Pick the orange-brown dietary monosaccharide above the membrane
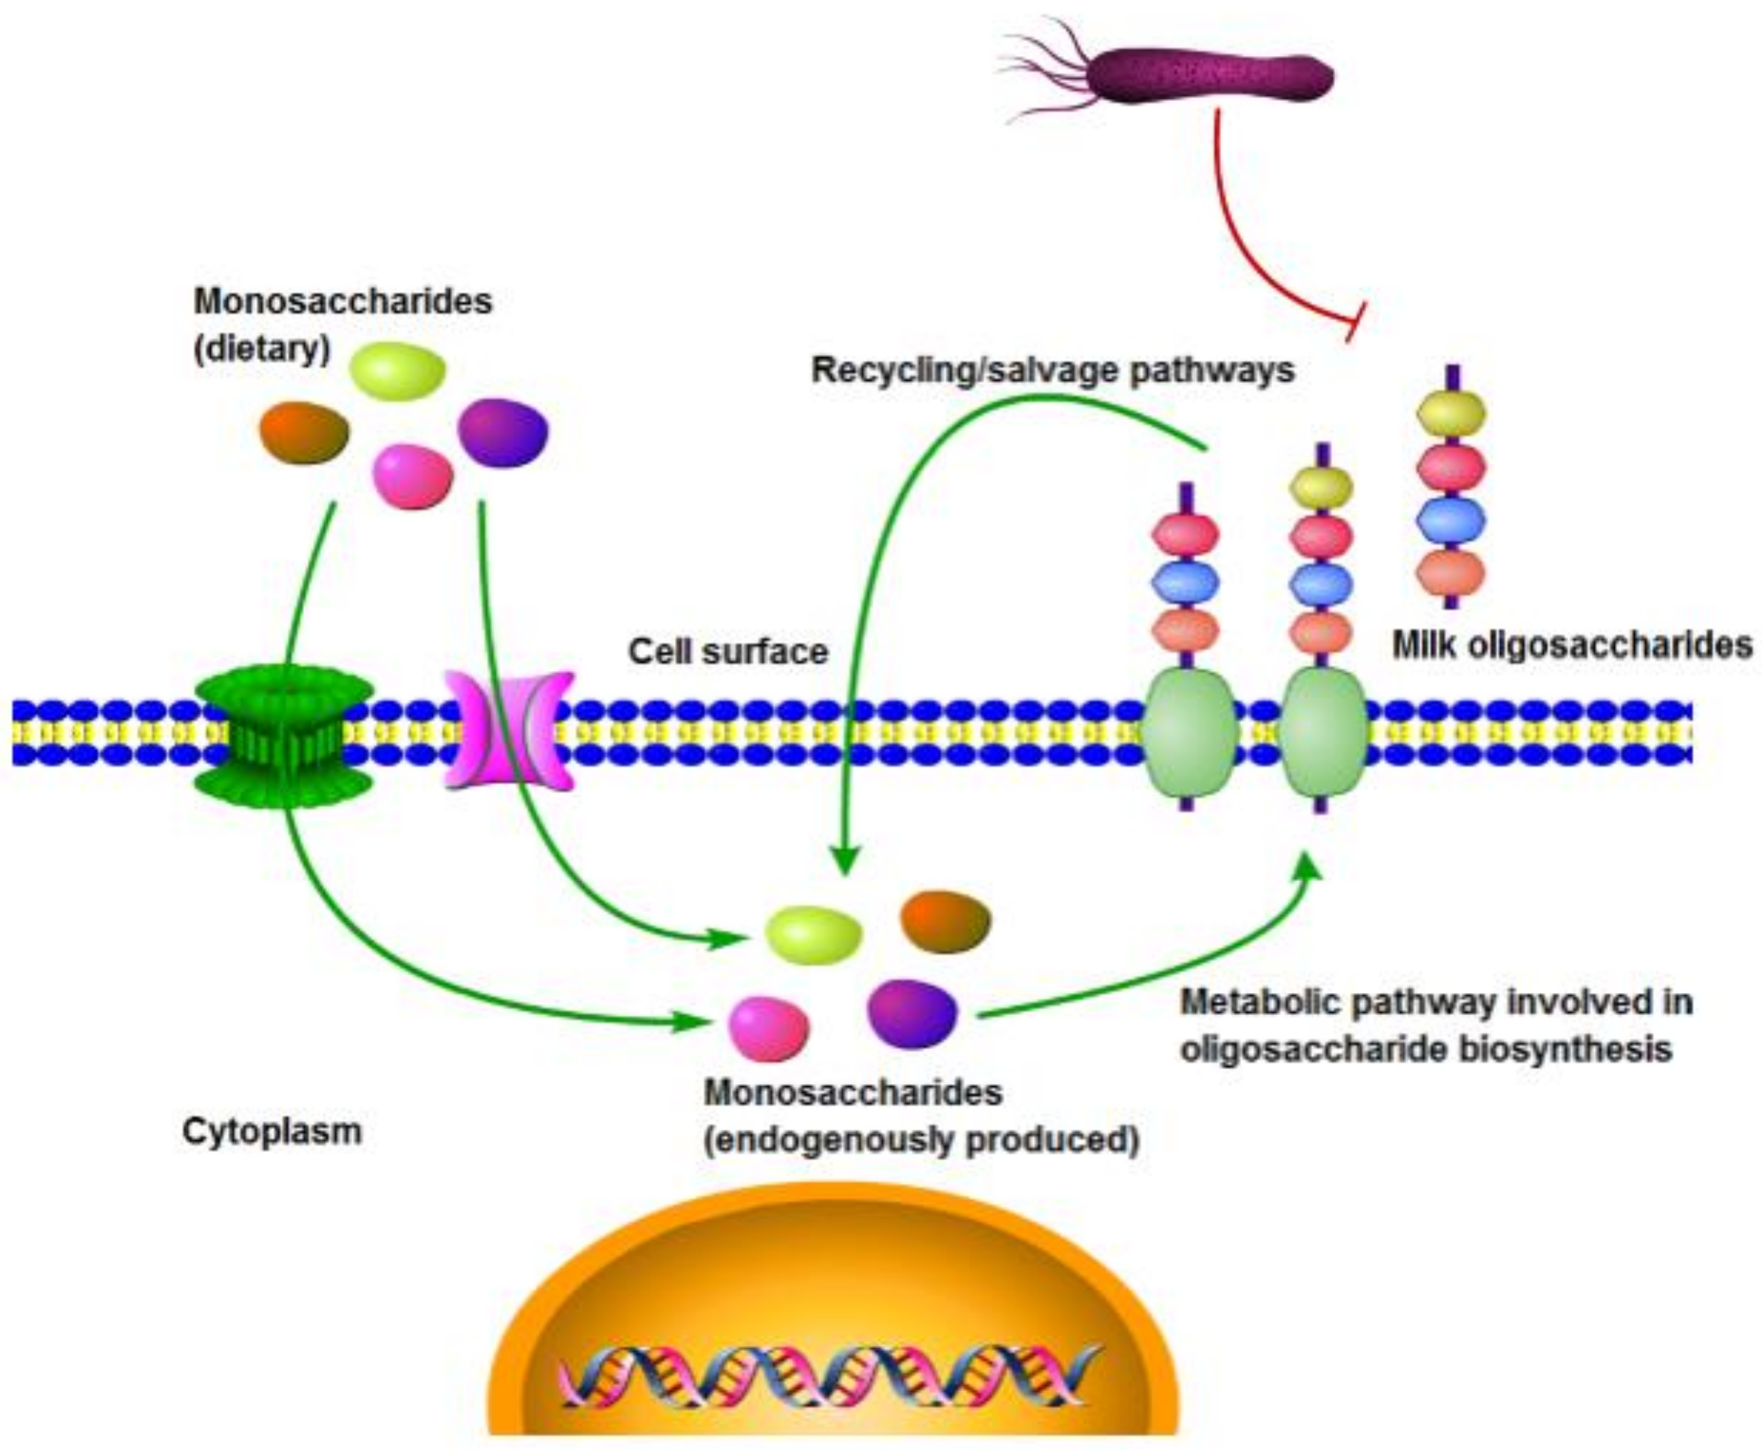[x=304, y=433]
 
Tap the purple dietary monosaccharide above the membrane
[x=502, y=433]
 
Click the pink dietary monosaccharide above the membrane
[x=413, y=476]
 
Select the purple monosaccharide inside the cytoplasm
[x=911, y=1012]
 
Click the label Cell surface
[x=728, y=652]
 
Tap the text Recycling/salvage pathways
[x=1052, y=370]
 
